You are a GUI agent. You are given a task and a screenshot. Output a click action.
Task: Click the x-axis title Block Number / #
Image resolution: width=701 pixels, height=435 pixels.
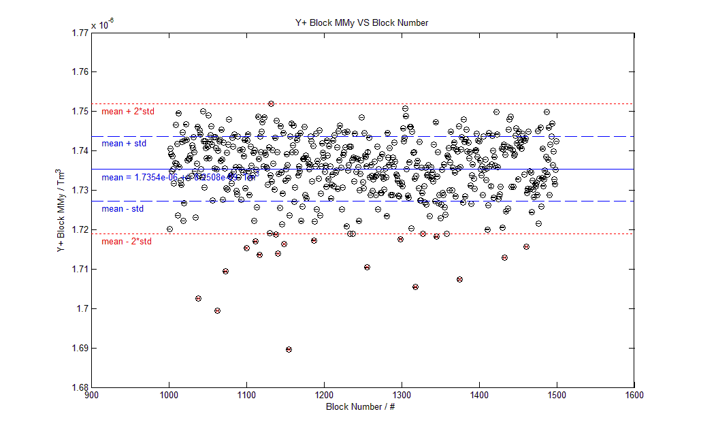pos(361,406)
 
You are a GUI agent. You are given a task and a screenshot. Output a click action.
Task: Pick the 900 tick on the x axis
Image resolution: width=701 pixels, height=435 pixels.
pos(91,394)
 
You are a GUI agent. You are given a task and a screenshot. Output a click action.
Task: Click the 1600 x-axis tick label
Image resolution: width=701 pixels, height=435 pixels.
pos(634,394)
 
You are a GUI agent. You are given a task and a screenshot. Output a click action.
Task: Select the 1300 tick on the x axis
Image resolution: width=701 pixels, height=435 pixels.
pos(401,394)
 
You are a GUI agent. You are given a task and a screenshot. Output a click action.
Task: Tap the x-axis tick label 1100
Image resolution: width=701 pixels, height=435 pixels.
pos(246,394)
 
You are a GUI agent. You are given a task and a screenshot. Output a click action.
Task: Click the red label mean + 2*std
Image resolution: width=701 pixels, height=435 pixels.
pos(127,111)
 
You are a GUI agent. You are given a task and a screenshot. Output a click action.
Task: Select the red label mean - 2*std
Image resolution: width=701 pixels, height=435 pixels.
pos(127,242)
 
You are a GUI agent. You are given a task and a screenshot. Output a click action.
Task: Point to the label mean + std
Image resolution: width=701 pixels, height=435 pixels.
pos(124,144)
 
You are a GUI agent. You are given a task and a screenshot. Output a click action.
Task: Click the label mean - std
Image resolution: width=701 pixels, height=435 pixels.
pos(123,209)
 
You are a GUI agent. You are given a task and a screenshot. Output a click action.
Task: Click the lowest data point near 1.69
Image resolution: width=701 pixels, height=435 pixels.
pos(289,349)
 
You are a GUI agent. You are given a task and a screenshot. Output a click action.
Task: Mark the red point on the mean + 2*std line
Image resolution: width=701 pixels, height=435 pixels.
pos(271,103)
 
